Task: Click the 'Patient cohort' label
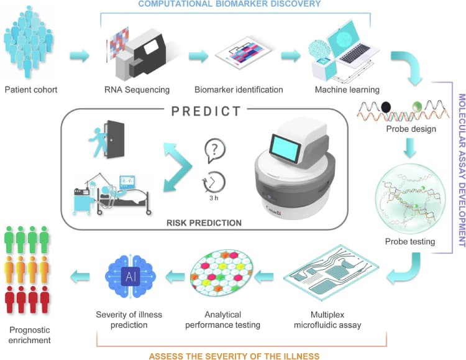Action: [x=31, y=90]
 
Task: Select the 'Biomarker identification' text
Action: [x=239, y=90]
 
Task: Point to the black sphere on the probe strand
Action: [x=386, y=107]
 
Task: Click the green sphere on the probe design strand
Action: [x=418, y=106]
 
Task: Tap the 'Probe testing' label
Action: [x=410, y=242]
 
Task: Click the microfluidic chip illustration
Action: [x=331, y=272]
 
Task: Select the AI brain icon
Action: [x=130, y=277]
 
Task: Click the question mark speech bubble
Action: [x=215, y=150]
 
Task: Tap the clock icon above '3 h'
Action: [x=214, y=182]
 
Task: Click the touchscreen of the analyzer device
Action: [x=285, y=149]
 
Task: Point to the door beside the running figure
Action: [x=116, y=139]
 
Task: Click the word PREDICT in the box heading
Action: [x=206, y=111]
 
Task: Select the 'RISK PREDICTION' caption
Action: [x=204, y=223]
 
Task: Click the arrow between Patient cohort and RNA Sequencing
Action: [x=80, y=55]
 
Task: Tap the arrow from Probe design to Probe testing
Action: [x=410, y=148]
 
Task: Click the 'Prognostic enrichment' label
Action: [x=29, y=335]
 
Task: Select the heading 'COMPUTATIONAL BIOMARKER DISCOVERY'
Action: [x=229, y=4]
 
